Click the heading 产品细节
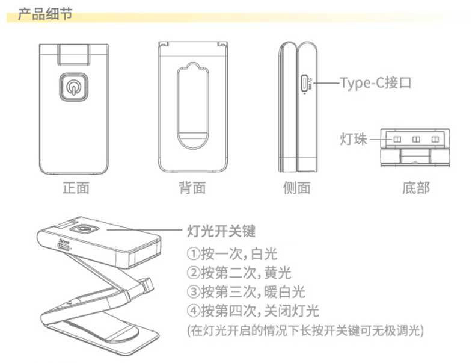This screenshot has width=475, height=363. [x=45, y=13]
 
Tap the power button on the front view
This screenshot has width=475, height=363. [x=74, y=88]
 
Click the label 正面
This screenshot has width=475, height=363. [x=76, y=188]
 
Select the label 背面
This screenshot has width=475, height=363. [x=192, y=188]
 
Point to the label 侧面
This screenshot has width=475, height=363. [x=296, y=188]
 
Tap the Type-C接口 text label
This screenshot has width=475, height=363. [x=376, y=82]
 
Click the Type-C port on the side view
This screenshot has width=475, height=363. [x=305, y=82]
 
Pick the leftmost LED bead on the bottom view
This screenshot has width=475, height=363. [x=397, y=140]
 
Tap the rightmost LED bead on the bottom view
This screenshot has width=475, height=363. [x=435, y=140]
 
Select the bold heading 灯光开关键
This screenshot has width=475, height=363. [x=222, y=231]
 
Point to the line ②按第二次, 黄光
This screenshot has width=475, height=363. [x=239, y=273]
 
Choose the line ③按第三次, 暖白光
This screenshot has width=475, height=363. [x=247, y=292]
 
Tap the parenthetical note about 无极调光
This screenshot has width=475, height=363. [x=306, y=330]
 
